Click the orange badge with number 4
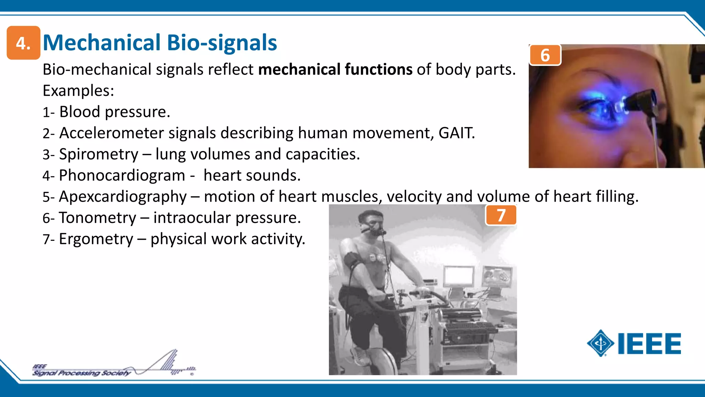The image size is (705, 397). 23,43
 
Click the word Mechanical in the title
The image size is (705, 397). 102,43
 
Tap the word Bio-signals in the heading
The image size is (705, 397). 222,43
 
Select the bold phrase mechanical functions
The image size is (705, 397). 335,69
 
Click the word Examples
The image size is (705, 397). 78,91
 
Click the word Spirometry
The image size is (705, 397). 98,154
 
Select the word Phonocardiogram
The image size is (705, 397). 122,175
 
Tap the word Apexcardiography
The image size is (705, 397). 123,197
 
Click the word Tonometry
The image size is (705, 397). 97,218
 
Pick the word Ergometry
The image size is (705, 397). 96,239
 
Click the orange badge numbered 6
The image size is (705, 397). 545,55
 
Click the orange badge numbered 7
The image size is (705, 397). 501,215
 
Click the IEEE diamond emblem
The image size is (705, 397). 600,343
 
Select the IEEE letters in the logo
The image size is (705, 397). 649,344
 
